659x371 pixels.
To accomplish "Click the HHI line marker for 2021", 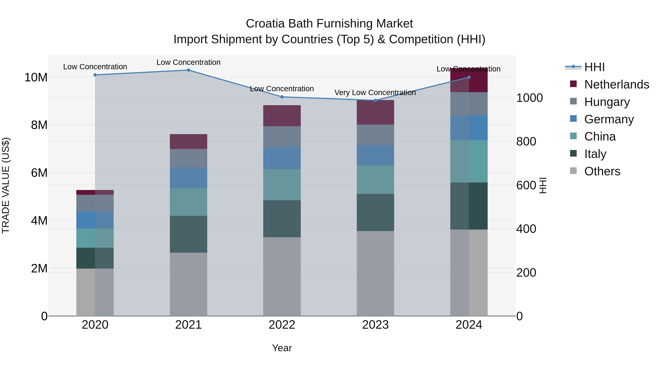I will [x=188, y=70].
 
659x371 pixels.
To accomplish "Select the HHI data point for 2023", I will [x=375, y=100].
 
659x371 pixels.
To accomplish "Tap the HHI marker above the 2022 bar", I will [x=282, y=97].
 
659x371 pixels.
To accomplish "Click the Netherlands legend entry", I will [x=617, y=84].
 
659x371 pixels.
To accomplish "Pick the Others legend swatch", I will [x=573, y=171].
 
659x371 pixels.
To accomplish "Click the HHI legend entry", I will [x=594, y=67].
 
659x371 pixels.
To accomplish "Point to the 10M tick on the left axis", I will [x=36, y=77].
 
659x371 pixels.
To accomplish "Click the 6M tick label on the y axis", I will [x=39, y=173].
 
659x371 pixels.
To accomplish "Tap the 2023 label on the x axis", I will [x=375, y=325].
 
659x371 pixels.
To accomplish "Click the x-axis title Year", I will [x=282, y=348].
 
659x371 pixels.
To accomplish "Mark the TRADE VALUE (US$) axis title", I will [x=6, y=185].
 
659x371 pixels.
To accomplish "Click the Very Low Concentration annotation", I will [x=375, y=93].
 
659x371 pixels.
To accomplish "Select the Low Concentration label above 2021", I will [x=188, y=62].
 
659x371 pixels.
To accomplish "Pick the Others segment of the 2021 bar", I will [x=188, y=284].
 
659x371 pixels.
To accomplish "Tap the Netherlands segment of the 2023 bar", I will [x=375, y=112].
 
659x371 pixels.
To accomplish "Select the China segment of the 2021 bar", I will [x=188, y=202].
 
